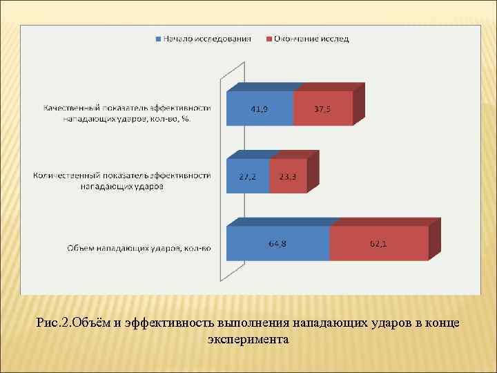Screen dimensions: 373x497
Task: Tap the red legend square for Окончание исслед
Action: point(269,39)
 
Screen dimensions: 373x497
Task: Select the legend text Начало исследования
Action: point(206,39)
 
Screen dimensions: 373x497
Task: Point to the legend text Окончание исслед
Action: point(311,39)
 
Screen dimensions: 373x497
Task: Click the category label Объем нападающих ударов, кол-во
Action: point(138,248)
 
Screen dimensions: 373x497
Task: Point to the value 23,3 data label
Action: point(288,177)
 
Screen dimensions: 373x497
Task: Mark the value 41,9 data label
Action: point(260,108)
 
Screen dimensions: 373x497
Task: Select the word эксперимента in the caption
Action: point(247,339)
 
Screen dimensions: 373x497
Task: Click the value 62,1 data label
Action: point(378,244)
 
